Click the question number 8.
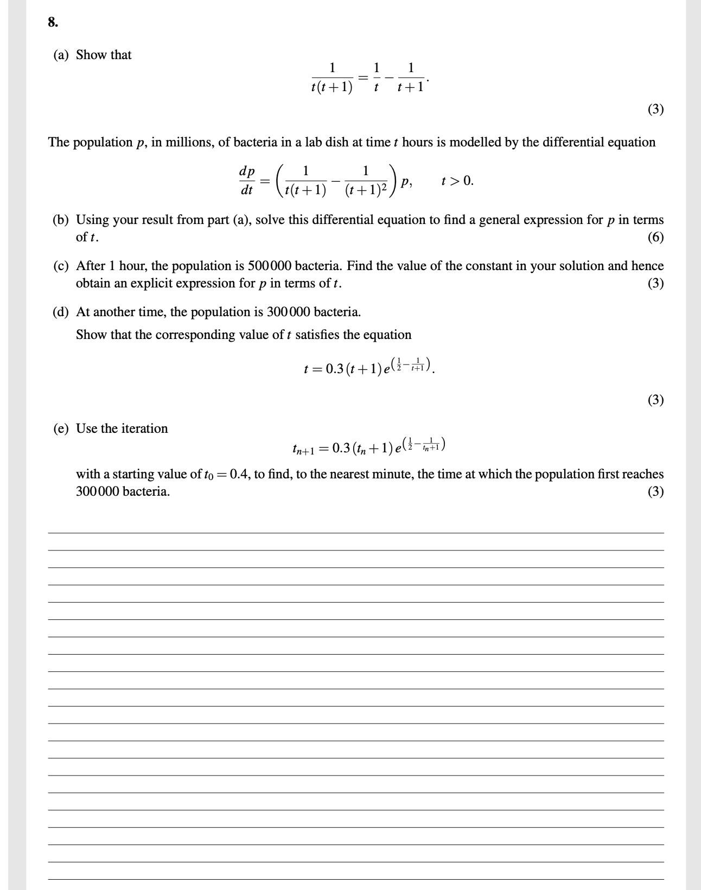[x=53, y=22]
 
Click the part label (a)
[x=61, y=55]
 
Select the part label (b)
[x=61, y=220]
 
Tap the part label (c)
[x=61, y=266]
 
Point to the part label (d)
[x=61, y=312]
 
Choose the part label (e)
[x=61, y=429]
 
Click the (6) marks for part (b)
[x=655, y=238]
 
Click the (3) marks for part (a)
[x=655, y=110]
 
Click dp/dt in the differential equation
[x=247, y=181]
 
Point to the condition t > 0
[x=457, y=181]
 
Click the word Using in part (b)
[x=92, y=220]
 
